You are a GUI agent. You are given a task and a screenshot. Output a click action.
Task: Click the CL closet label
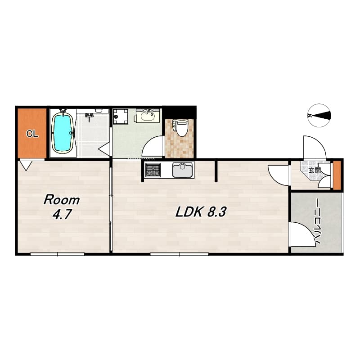[31, 133]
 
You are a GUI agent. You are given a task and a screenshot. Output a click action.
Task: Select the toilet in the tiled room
[181, 128]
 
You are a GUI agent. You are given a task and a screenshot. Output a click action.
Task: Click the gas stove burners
[153, 171]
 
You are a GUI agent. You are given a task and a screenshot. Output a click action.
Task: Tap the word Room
[62, 200]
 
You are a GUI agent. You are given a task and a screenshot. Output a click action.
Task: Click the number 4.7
[61, 215]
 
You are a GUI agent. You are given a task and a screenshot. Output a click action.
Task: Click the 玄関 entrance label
[315, 171]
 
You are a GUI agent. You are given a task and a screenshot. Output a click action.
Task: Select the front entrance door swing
[312, 148]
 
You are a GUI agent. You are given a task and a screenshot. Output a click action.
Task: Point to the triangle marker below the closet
[26, 166]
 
